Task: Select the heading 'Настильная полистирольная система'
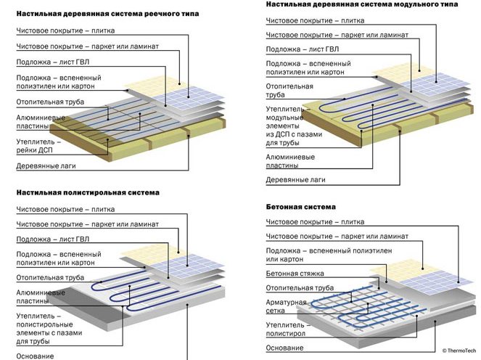tap(87, 193)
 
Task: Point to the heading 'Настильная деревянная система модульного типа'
tap(353, 4)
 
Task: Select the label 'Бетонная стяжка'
tap(294, 274)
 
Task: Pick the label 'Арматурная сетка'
tap(287, 307)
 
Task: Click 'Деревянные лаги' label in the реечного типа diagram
tap(49, 166)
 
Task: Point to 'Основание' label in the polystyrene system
tap(35, 356)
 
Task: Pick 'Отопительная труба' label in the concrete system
tap(298, 288)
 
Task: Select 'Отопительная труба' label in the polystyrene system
tap(48, 277)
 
